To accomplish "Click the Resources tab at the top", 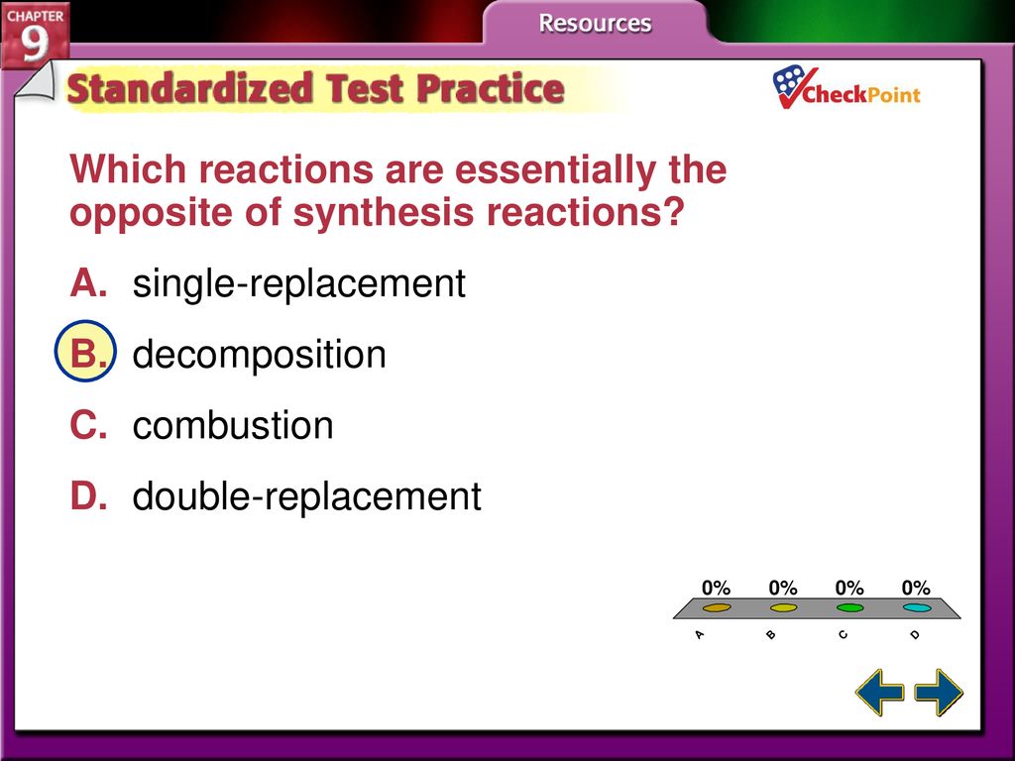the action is tap(595, 23).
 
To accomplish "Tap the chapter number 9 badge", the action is tap(35, 35).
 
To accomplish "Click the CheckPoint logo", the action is tap(846, 88).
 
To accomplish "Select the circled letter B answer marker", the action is tap(85, 352).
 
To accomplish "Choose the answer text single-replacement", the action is tap(299, 283).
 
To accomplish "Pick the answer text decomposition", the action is tap(259, 354).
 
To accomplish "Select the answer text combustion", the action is tap(233, 425).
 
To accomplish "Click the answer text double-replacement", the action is tap(307, 496).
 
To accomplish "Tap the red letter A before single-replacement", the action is tap(88, 282).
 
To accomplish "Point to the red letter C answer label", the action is tap(88, 425).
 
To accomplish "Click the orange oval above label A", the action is tap(717, 607).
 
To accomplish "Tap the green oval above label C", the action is tap(849, 607).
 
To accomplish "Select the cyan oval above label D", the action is tap(917, 607).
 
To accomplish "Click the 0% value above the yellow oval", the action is tap(783, 588).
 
